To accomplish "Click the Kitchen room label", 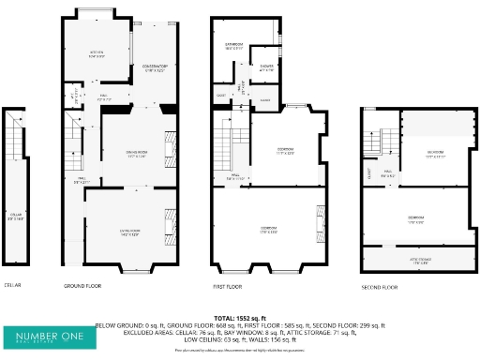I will click(x=95, y=53).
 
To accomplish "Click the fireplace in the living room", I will click(x=170, y=224).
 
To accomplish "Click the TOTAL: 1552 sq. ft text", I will click(x=239, y=319).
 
